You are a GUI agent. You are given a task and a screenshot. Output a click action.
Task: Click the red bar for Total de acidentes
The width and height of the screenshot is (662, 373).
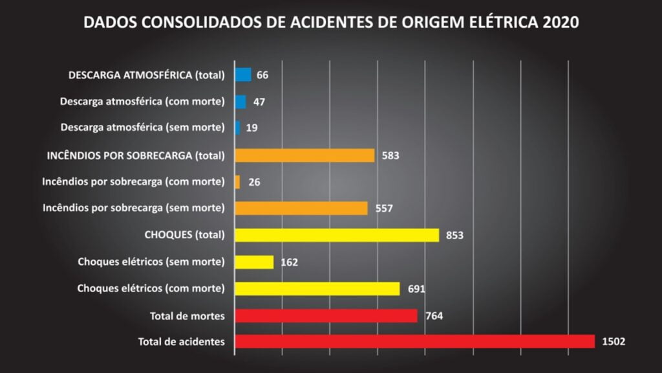pos(414,341)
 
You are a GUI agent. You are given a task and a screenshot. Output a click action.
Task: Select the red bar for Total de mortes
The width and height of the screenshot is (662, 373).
pos(326,315)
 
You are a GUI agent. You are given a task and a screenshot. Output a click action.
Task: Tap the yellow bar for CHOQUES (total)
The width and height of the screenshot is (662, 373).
pos(337,235)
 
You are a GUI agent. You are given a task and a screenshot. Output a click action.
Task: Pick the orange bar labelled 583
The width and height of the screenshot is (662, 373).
pos(304,155)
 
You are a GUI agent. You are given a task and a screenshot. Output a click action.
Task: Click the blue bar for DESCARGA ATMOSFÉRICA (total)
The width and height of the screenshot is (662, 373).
pos(243,74)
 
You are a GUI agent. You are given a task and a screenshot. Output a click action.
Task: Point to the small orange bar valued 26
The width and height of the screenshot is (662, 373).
pos(237,182)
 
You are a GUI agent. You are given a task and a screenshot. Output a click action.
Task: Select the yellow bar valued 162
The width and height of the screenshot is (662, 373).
pos(254,262)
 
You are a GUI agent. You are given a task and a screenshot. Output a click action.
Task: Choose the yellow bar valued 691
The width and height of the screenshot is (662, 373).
pos(317,289)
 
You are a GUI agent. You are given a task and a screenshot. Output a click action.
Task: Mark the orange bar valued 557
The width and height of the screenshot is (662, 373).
pos(301,208)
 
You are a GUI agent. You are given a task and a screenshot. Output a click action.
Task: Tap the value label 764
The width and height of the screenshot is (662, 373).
pos(434,315)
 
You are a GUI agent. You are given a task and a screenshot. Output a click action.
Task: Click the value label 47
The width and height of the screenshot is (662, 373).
pos(259,102)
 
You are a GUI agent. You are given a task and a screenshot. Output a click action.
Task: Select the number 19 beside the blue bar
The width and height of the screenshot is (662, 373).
pos(252,128)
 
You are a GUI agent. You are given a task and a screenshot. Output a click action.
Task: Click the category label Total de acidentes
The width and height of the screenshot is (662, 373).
pos(182,342)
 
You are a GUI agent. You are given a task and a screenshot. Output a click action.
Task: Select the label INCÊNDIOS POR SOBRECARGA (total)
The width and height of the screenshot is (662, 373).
pos(136,155)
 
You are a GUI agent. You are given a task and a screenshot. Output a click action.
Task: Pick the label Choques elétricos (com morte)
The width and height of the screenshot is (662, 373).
pos(151,288)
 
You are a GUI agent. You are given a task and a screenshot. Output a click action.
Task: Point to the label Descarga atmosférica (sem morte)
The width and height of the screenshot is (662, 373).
pos(142,128)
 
